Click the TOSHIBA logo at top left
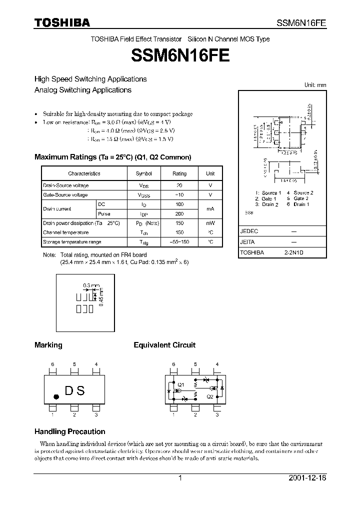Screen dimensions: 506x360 click(62, 22)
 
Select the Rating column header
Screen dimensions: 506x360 click(179, 173)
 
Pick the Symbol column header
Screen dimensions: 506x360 click(143, 173)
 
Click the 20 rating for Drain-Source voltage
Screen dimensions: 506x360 click(179, 185)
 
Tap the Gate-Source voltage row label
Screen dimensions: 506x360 click(65, 195)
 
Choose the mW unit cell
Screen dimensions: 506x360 click(210, 223)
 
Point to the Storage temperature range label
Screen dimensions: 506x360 click(72, 242)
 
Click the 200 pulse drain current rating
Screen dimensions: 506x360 click(179, 214)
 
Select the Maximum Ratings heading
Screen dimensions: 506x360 click(112, 157)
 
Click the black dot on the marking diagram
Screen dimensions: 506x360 click(56, 396)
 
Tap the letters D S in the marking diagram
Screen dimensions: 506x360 click(74, 391)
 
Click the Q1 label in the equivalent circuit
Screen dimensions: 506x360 click(180, 384)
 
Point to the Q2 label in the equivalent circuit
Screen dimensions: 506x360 click(210, 396)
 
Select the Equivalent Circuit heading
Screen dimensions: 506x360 click(164, 345)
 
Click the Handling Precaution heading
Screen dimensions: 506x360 click(69, 431)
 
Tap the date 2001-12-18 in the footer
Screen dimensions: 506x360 click(307, 478)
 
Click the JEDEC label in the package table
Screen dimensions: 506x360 click(249, 232)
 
